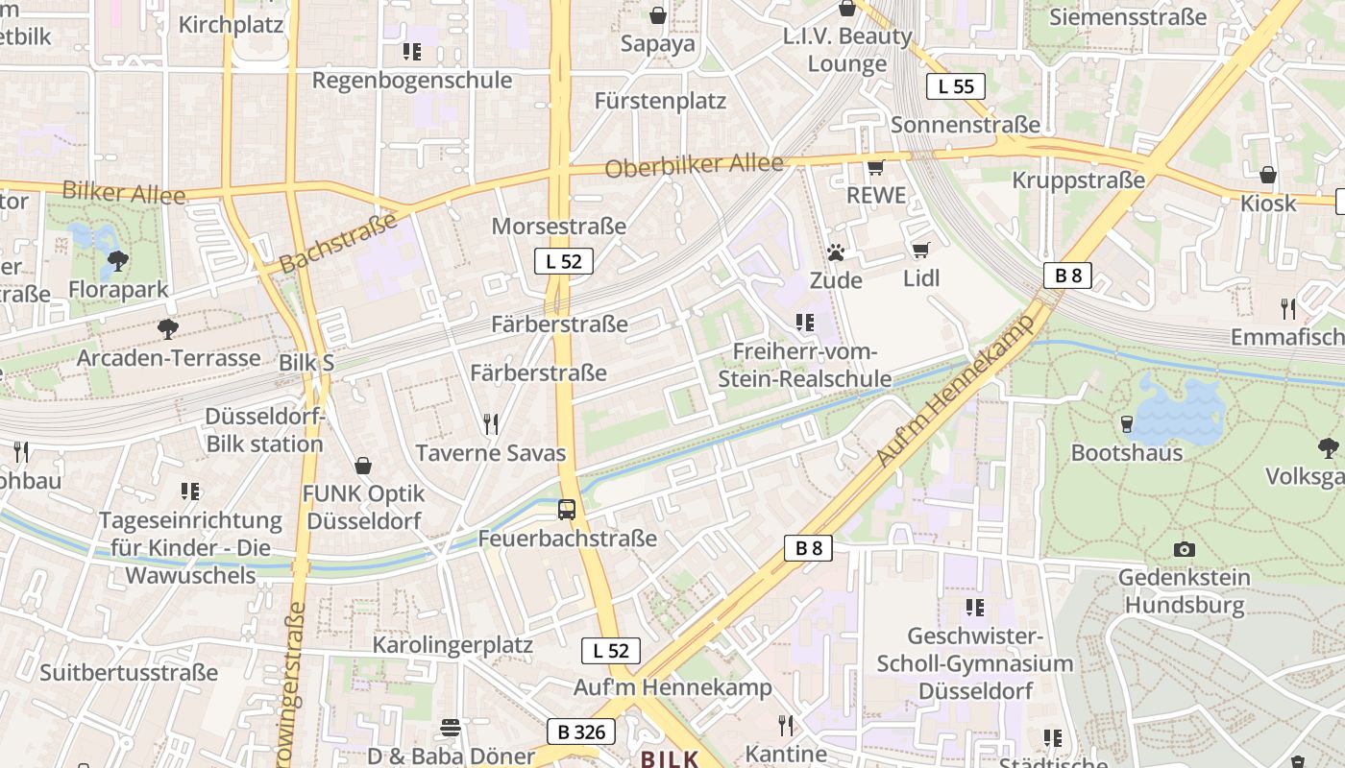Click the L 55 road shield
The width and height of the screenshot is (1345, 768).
click(956, 86)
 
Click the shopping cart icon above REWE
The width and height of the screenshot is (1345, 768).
click(875, 168)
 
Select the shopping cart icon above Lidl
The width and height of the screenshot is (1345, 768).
click(920, 251)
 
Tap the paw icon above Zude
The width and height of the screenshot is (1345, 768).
click(836, 252)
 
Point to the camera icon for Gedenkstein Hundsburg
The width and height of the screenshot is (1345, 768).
click(1185, 549)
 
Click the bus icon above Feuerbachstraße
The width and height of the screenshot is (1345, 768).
click(567, 510)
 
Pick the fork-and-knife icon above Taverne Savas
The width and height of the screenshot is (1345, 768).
click(491, 423)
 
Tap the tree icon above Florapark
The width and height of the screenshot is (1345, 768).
click(118, 260)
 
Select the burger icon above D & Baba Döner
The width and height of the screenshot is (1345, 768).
click(451, 728)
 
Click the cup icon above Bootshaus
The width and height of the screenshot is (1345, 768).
click(1127, 423)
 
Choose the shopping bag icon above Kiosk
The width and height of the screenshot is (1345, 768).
click(1268, 175)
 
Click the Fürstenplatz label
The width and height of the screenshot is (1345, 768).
click(660, 101)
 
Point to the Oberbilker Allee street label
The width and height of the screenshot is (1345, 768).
click(694, 166)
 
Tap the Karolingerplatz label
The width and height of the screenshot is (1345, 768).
click(452, 644)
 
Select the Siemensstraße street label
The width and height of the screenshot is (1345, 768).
click(1127, 17)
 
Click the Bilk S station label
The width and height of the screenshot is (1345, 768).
click(306, 363)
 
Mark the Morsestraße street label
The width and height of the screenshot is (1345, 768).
click(558, 227)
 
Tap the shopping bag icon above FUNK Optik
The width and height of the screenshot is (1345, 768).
click(363, 467)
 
